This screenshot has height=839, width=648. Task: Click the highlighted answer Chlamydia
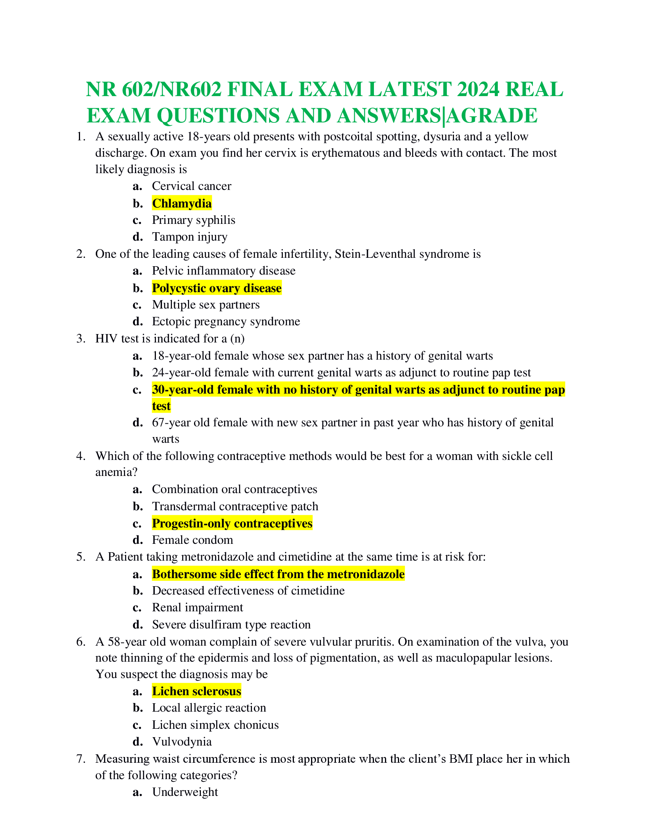click(181, 203)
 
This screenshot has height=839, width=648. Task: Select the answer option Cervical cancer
click(192, 186)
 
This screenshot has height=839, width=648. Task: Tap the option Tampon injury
click(190, 237)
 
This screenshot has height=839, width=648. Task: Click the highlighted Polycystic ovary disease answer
click(217, 288)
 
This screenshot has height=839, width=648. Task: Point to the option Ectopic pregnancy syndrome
click(226, 321)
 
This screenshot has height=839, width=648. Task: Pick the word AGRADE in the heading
click(492, 116)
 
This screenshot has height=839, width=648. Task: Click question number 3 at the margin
click(80, 338)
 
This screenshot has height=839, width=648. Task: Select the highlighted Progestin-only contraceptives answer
click(232, 523)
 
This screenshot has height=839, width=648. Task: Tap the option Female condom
click(192, 540)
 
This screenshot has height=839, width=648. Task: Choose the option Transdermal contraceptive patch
click(235, 506)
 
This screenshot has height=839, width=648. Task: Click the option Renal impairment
click(197, 608)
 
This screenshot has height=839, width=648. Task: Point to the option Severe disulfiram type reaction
click(231, 624)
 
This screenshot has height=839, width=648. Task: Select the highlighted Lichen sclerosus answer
click(196, 691)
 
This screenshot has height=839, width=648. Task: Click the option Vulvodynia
click(181, 741)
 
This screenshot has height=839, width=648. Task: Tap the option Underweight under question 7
click(184, 792)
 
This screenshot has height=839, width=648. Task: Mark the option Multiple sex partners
click(206, 305)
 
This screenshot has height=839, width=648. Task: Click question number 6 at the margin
click(80, 642)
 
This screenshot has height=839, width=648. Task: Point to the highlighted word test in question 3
click(161, 406)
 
